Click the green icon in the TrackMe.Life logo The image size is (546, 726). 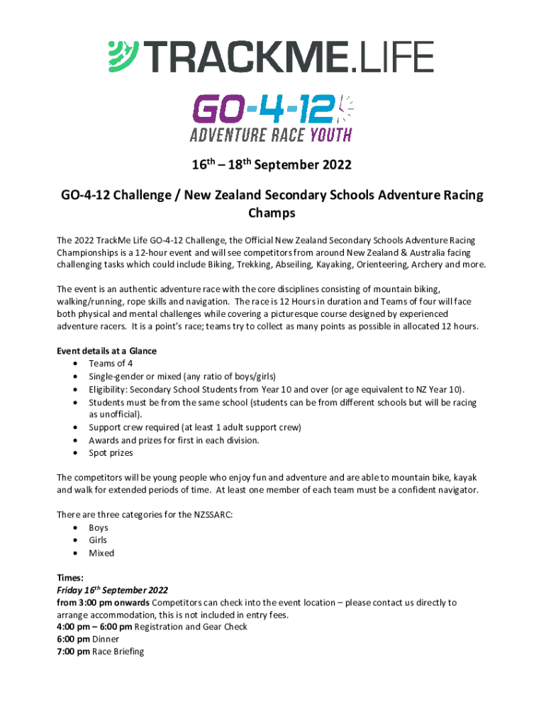tap(123, 57)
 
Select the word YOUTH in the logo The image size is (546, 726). tap(324, 135)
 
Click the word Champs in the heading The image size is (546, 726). tap(272, 212)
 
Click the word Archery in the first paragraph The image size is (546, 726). tap(422, 264)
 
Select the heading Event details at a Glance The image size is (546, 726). tap(106, 351)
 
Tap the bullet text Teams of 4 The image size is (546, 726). tap(111, 364)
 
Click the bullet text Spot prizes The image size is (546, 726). tap(111, 453)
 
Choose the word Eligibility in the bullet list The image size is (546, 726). tap(108, 389)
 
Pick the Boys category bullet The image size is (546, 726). tap(99, 527)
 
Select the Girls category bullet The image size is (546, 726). tap(98, 540)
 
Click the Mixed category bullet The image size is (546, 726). tap(101, 553)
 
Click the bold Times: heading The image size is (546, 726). tap(70, 578)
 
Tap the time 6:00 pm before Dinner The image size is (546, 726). tap(73, 639)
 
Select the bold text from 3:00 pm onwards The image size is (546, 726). tap(103, 603)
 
